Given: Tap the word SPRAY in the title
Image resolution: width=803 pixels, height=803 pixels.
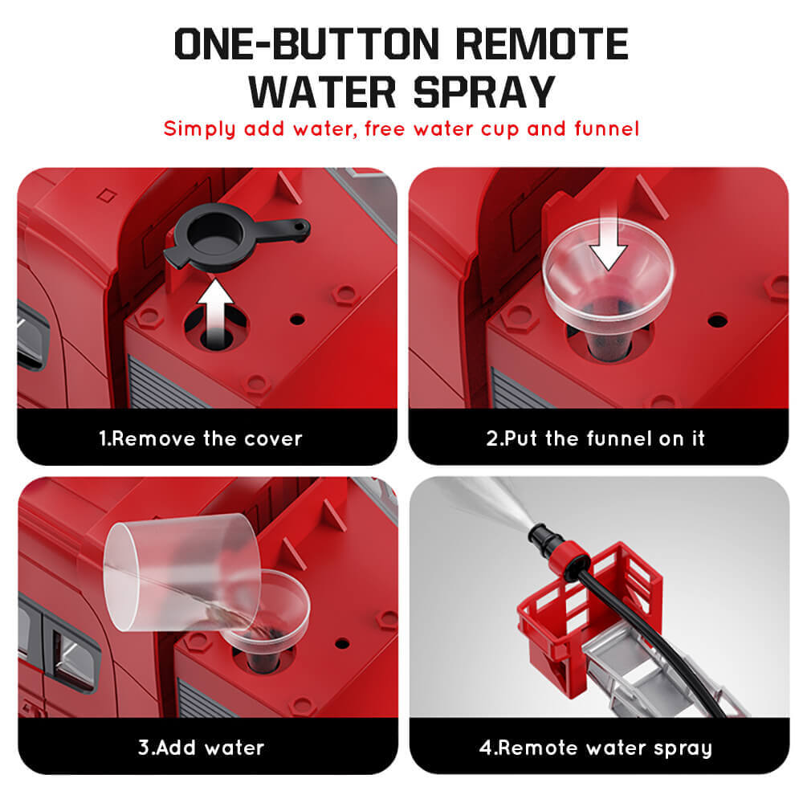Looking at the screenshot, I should tap(483, 91).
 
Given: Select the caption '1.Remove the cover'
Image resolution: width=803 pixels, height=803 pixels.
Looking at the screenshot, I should tap(201, 438).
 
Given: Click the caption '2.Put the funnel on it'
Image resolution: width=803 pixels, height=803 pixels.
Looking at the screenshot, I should tap(595, 438).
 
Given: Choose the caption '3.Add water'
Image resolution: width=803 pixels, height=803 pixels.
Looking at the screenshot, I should tap(201, 748).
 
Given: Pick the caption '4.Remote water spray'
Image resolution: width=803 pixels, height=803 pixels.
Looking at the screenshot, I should tap(595, 748).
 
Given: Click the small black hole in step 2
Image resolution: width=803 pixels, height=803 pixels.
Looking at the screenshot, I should tap(717, 320).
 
